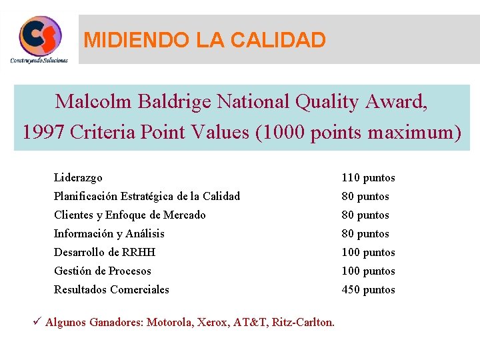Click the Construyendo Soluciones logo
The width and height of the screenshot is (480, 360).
(40, 39)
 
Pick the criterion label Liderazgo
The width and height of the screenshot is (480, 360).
(78, 177)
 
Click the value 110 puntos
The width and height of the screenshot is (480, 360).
(368, 177)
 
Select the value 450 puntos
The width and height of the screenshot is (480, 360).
(368, 289)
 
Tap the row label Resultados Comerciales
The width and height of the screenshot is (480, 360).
(111, 289)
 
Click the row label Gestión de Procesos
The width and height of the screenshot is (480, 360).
(102, 271)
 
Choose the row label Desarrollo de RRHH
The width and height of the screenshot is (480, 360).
(104, 252)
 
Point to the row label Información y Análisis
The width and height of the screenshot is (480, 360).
(109, 233)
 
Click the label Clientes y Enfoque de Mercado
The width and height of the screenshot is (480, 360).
(129, 215)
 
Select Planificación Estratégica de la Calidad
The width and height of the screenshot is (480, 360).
(147, 196)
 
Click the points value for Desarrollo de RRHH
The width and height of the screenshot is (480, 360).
(368, 252)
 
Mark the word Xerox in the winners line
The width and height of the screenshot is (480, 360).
(214, 323)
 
